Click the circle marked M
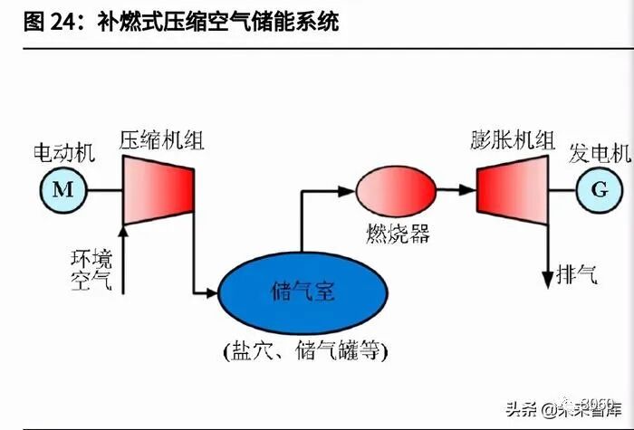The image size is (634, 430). coord(62,189)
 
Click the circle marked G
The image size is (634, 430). coord(599,189)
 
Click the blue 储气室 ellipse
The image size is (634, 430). coord(303,291)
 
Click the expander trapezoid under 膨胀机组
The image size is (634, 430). coord(513,189)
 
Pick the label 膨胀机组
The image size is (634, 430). coord(512,140)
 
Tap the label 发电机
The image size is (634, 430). coord(598,152)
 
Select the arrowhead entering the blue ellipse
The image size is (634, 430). coord(212,292)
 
